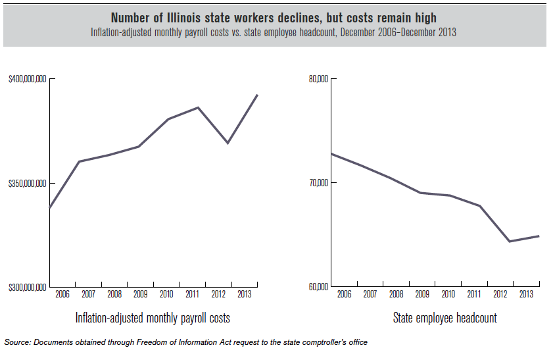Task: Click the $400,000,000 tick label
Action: (x=27, y=79)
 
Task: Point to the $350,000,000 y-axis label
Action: (x=27, y=183)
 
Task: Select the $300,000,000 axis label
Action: (x=27, y=288)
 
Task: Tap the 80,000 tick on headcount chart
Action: (x=318, y=79)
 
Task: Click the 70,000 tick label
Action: (x=318, y=183)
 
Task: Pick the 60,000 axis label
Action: (x=318, y=288)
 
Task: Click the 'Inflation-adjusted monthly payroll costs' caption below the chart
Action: (x=153, y=319)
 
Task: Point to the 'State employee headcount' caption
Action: (x=445, y=319)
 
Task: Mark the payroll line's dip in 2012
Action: (x=228, y=143)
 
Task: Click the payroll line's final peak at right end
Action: (x=257, y=95)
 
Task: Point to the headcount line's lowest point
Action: (x=510, y=242)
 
